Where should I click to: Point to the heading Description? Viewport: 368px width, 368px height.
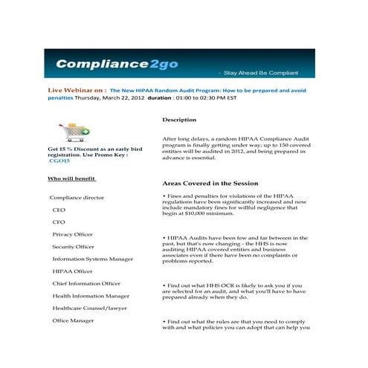(179, 120)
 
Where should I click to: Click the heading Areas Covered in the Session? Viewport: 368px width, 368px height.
(210, 183)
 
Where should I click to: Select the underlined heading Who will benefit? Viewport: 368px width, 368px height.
(72, 179)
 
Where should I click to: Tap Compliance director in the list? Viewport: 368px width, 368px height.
(77, 198)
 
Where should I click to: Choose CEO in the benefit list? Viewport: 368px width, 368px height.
(59, 210)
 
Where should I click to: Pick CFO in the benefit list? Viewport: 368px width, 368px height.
(59, 222)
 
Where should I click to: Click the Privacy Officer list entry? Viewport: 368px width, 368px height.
(72, 234)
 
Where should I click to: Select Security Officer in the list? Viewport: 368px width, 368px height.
(73, 247)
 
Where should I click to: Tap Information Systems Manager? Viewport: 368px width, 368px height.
(92, 259)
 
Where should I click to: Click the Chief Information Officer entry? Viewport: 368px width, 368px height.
(86, 283)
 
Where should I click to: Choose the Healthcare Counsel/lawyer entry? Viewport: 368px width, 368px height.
(90, 308)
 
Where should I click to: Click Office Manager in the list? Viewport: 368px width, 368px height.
(73, 320)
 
